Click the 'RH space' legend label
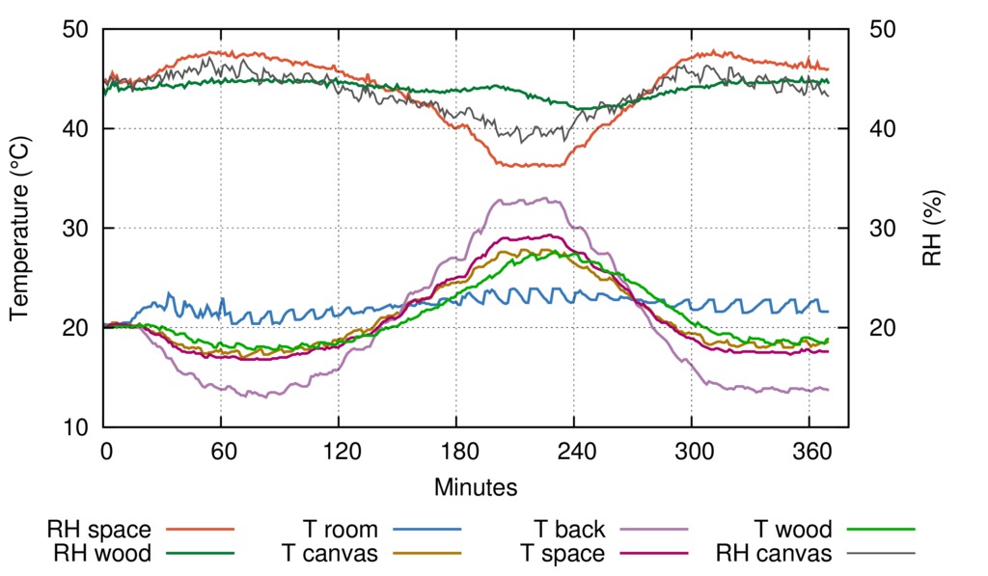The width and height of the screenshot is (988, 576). [98, 530]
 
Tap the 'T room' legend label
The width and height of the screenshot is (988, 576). [341, 530]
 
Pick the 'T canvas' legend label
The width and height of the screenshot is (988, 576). [329, 554]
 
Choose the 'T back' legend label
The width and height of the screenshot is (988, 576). [570, 530]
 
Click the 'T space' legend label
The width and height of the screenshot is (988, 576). [563, 554]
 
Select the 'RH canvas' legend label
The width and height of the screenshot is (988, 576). [774, 554]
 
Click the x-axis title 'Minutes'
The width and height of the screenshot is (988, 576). [476, 486]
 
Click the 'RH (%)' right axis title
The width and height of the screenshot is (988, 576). [931, 229]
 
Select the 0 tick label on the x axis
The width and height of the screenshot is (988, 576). [105, 451]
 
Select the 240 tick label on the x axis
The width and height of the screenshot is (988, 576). [574, 451]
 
